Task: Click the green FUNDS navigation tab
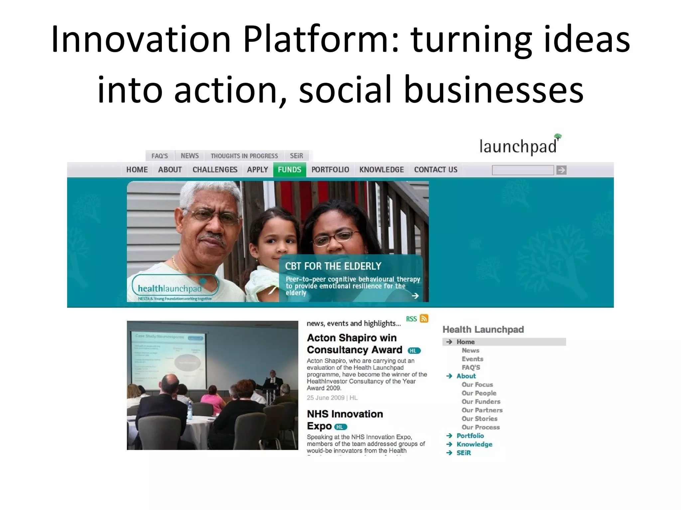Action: (x=290, y=170)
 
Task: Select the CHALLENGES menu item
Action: (x=215, y=170)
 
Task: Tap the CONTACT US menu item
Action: (x=436, y=170)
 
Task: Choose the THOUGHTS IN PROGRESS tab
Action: (x=244, y=156)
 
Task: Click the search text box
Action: (x=523, y=170)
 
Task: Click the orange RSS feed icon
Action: (x=424, y=318)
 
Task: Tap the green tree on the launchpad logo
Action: (x=558, y=136)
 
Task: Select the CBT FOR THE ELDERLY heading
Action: (x=333, y=266)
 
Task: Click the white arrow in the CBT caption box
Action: (x=415, y=296)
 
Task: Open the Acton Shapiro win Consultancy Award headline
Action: (x=354, y=344)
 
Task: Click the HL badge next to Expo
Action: (x=340, y=427)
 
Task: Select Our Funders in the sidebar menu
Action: (x=481, y=401)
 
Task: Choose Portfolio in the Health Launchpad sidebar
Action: (x=470, y=436)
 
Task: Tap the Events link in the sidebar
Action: (x=472, y=359)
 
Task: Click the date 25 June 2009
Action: (x=326, y=398)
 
